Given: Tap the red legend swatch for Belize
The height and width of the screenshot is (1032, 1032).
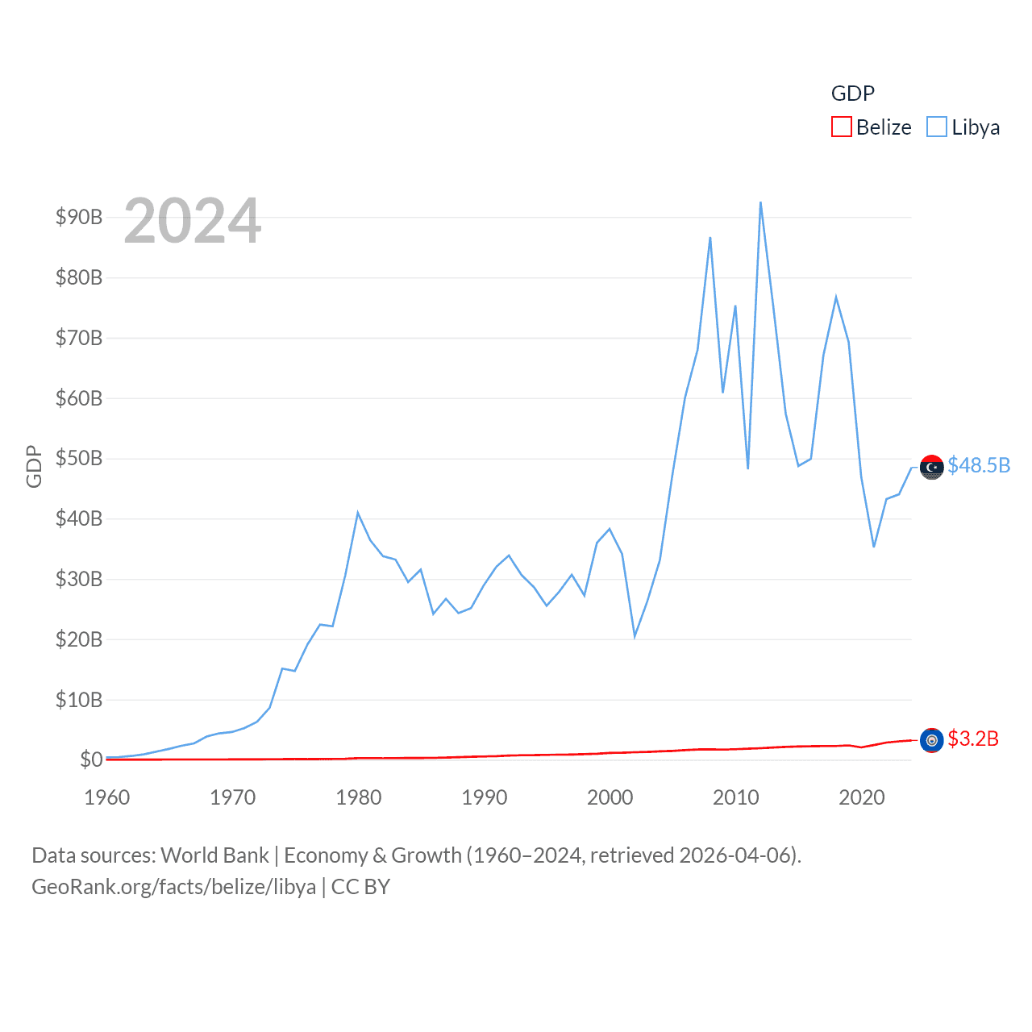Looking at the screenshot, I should click(842, 127).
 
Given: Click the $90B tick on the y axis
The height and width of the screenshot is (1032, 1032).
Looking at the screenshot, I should click(79, 217).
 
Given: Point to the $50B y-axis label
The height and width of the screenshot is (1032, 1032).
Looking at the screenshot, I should click(79, 458).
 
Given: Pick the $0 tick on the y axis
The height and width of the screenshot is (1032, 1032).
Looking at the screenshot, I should click(91, 759).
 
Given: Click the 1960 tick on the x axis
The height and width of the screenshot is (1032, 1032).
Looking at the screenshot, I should click(107, 797).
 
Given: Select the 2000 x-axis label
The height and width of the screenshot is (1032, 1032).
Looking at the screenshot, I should click(610, 797).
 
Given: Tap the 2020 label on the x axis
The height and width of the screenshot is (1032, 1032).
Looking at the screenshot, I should click(861, 797).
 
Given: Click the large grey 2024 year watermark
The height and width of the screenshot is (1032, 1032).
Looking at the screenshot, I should click(193, 221).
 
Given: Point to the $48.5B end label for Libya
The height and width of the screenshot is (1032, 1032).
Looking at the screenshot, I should click(979, 465).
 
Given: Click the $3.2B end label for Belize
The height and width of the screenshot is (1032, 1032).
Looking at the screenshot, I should click(973, 739).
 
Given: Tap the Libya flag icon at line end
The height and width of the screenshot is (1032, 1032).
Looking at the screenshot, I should click(932, 467).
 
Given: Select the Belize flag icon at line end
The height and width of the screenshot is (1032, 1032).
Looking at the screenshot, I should click(932, 740).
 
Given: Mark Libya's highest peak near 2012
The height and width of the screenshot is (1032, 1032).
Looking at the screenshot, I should click(760, 202).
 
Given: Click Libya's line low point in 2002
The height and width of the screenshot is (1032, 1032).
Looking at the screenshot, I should click(635, 637).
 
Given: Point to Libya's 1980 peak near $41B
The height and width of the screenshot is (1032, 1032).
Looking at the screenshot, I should click(358, 513).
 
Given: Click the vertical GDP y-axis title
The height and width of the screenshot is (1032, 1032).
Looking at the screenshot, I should click(34, 466).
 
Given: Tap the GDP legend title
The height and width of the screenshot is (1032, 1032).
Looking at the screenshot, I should click(852, 94).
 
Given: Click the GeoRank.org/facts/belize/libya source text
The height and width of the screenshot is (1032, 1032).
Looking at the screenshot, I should click(174, 887).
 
